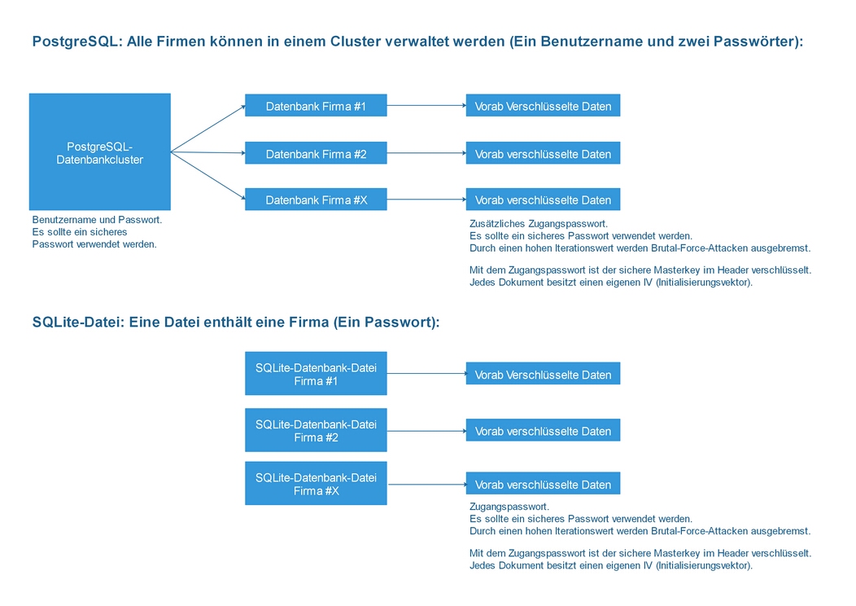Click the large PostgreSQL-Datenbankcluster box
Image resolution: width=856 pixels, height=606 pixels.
[x=99, y=152]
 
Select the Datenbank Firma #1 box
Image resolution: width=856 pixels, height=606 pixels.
[x=316, y=106]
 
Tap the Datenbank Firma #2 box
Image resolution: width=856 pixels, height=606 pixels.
[x=316, y=153]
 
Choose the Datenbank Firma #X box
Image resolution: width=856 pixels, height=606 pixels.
[x=316, y=200]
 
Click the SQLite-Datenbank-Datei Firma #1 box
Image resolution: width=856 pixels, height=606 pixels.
[x=316, y=374]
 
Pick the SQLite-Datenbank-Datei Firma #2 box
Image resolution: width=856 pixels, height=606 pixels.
[x=316, y=430]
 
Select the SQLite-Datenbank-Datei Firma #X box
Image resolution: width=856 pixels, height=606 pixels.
[x=316, y=484]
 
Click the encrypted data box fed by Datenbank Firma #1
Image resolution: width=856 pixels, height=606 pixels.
[x=543, y=106]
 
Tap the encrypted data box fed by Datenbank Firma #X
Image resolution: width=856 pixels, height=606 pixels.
[x=543, y=200]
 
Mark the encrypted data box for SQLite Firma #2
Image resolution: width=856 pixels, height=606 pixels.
[x=543, y=431]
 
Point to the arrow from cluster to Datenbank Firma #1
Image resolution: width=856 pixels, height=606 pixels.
[x=207, y=129]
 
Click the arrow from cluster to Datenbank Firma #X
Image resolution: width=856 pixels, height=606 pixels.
[x=207, y=175]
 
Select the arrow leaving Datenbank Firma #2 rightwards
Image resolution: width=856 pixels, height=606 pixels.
[x=426, y=153]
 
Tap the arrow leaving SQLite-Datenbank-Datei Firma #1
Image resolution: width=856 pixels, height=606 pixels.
[x=426, y=374]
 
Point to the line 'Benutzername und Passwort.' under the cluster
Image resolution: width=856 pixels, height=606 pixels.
[x=97, y=220]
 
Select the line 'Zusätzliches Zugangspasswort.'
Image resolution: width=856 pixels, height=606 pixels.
[x=538, y=224]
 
